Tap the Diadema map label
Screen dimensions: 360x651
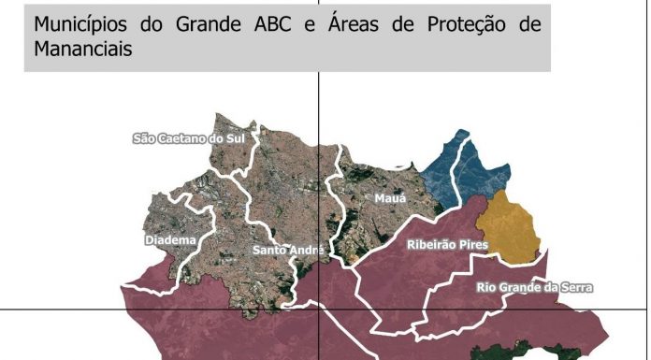tap(170, 240)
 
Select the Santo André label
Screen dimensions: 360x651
tap(288, 251)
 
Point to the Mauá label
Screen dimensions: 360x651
tap(390, 199)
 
